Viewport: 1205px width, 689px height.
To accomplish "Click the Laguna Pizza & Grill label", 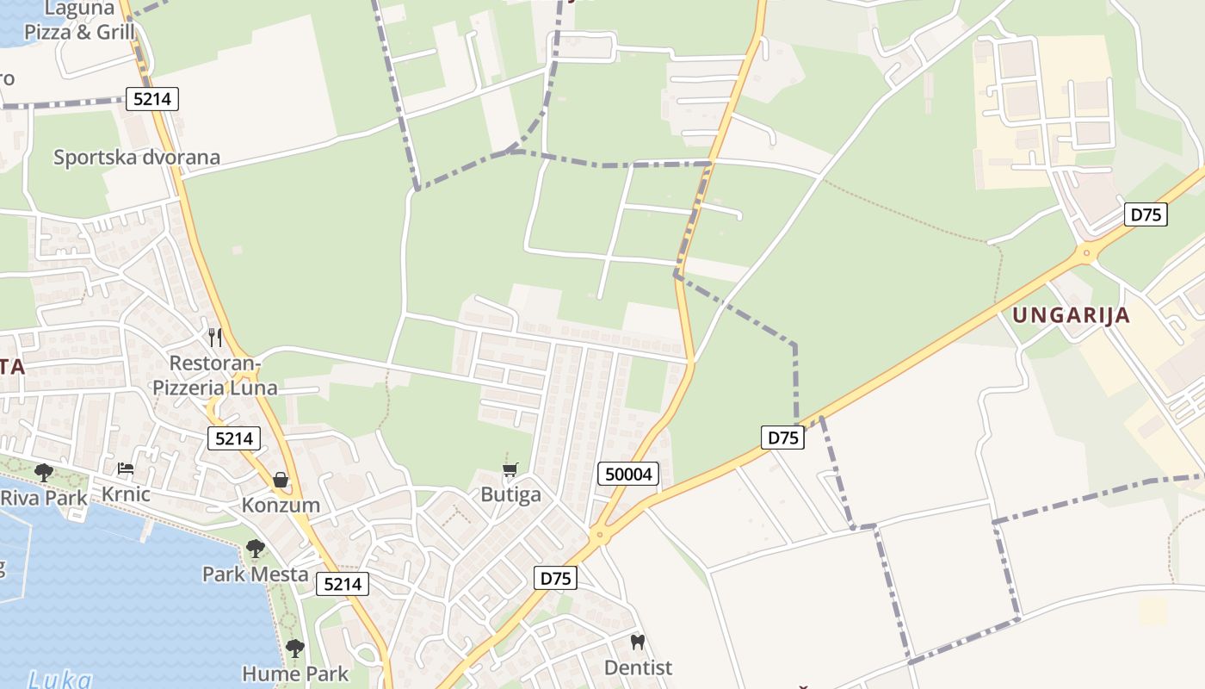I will (x=79, y=22).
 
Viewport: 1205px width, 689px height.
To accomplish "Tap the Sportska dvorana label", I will (x=137, y=158).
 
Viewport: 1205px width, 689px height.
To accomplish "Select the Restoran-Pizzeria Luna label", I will (x=215, y=376).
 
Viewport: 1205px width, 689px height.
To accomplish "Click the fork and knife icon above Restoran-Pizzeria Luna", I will (x=215, y=337).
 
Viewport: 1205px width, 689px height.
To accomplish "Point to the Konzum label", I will (x=281, y=505).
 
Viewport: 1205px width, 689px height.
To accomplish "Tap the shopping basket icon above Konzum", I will (x=281, y=480).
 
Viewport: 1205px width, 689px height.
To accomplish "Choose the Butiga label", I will (x=510, y=494).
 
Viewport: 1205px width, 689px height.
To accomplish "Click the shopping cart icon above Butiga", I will (x=510, y=469).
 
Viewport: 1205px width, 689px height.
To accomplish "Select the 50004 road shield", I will (x=628, y=473).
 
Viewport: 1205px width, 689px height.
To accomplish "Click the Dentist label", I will (x=638, y=667).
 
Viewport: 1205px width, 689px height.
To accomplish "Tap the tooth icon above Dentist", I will (x=638, y=642).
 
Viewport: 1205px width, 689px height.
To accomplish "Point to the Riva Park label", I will (x=44, y=498).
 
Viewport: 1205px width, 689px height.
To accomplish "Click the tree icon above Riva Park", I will (x=44, y=472).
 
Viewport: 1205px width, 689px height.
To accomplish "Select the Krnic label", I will (x=126, y=494).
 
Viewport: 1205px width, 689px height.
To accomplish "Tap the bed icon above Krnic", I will (x=126, y=469).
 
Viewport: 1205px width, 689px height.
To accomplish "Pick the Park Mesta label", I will (x=255, y=574).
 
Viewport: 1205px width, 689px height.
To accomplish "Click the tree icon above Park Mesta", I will (x=255, y=548).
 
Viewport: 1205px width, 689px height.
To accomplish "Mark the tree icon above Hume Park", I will (x=295, y=648).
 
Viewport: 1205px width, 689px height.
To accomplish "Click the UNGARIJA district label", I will (x=1071, y=315).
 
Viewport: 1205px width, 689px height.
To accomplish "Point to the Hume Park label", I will (x=295, y=673).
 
